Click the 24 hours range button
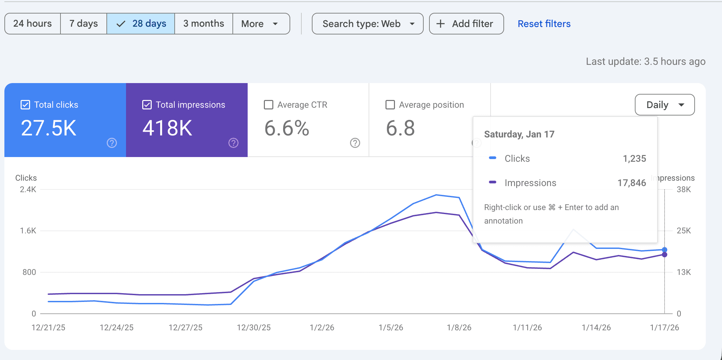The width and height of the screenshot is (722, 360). tap(32, 24)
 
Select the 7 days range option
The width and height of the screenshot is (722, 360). tap(83, 24)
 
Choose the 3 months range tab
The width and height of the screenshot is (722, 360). tap(203, 24)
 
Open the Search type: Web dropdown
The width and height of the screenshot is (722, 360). tap(368, 24)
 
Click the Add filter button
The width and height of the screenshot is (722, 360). tap(466, 24)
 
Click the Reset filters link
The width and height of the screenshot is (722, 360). tap(544, 24)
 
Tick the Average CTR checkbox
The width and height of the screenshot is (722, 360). tap(269, 105)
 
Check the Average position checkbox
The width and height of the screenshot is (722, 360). tap(390, 105)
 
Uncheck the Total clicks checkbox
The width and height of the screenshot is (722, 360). tap(25, 105)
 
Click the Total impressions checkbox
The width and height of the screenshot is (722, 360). tap(147, 105)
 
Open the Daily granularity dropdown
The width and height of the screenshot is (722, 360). tap(665, 105)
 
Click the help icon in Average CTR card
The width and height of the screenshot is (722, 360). tap(355, 143)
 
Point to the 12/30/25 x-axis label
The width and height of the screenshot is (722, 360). tap(254, 327)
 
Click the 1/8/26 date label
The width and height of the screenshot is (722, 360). tap(459, 327)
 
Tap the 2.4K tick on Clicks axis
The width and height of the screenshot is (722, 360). tap(28, 189)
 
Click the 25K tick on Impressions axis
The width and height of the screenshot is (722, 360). tap(684, 231)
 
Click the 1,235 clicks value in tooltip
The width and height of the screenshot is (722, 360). tap(634, 158)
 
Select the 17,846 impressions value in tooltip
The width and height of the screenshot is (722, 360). tap(631, 183)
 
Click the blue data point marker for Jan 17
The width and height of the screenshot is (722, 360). tap(665, 250)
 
